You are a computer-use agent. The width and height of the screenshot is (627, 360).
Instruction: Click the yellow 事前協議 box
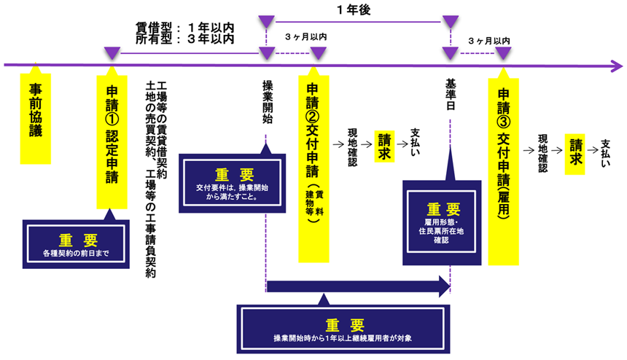coord(36,117)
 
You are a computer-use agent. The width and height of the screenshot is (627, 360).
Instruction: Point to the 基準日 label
coord(450,98)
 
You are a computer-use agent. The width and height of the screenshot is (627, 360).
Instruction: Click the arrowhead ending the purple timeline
coord(618,66)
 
